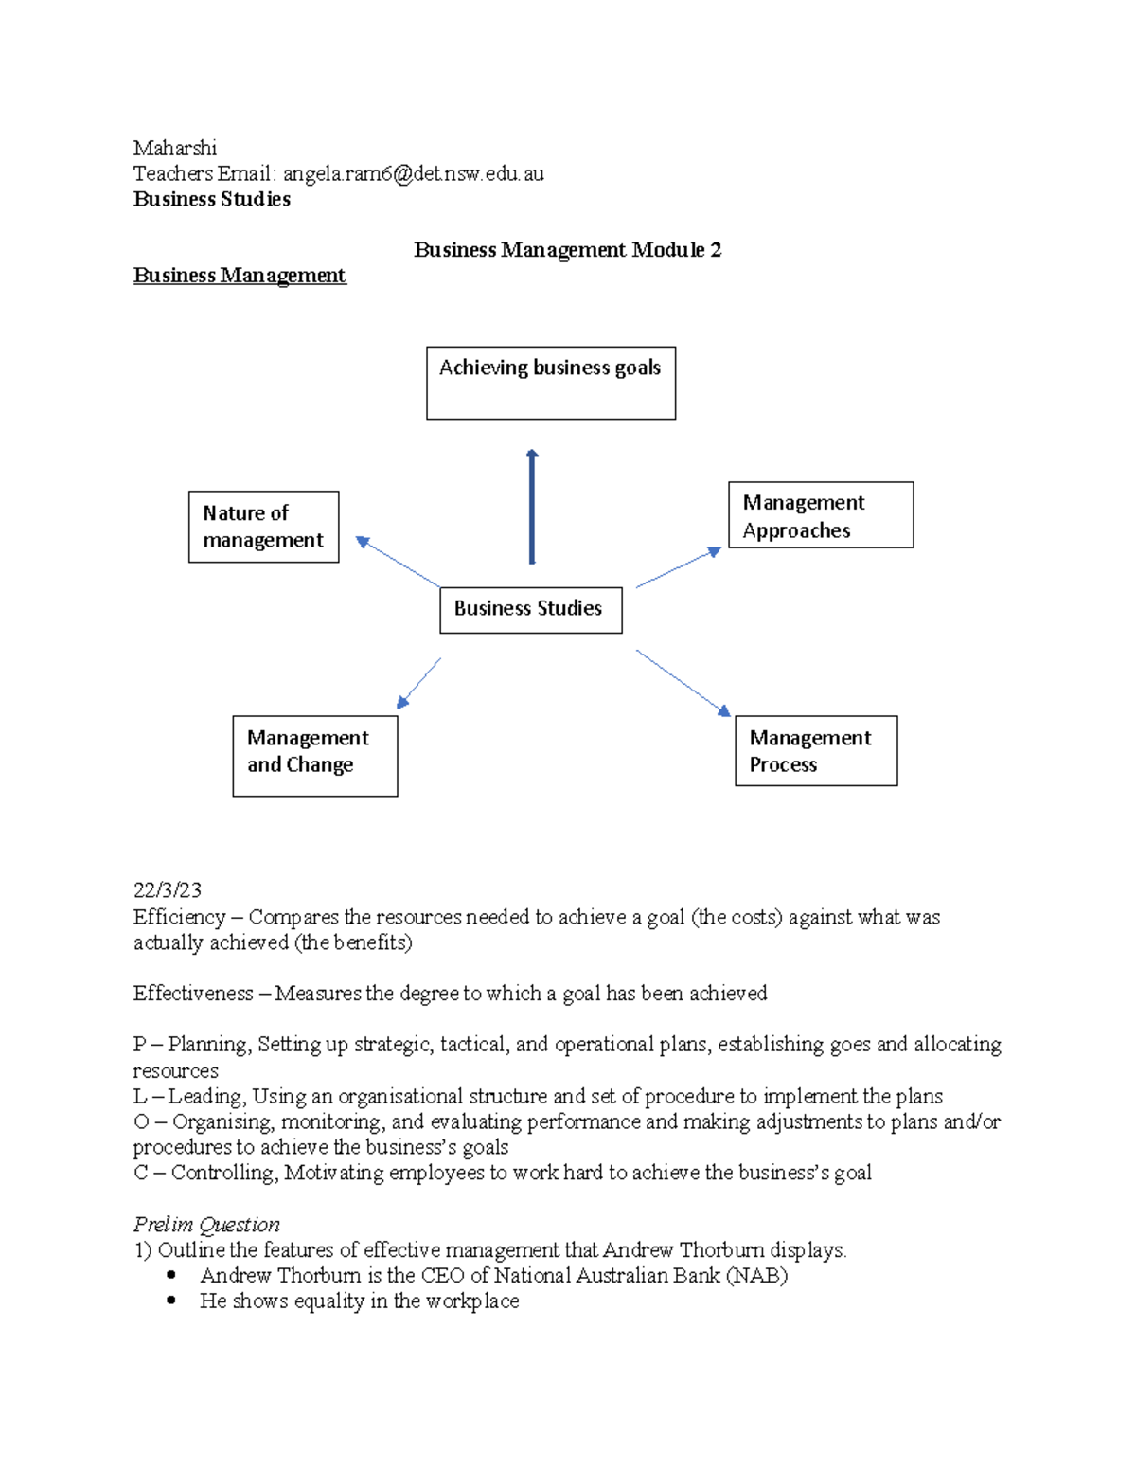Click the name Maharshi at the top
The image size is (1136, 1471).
click(x=175, y=148)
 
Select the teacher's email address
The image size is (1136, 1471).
click(x=413, y=173)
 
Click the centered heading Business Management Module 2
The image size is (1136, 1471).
click(x=567, y=250)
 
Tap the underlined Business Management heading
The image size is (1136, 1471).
click(x=240, y=276)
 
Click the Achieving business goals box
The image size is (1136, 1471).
click(x=551, y=383)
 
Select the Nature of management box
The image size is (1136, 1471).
click(x=263, y=527)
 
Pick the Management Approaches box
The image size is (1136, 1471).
click(x=820, y=515)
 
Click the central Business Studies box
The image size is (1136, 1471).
click(x=530, y=609)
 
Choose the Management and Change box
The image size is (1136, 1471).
click(x=314, y=755)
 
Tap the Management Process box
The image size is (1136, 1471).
click(x=815, y=750)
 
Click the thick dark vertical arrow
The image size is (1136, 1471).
click(x=532, y=507)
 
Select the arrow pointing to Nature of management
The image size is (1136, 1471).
click(x=398, y=562)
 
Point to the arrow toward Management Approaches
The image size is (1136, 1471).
click(x=678, y=568)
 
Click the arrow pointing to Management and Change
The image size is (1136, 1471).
click(x=419, y=683)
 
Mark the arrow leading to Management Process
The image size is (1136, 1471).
click(x=683, y=683)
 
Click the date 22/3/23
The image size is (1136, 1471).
click(x=168, y=890)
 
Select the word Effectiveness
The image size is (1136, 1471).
click(x=193, y=994)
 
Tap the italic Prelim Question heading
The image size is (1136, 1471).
click(x=206, y=1225)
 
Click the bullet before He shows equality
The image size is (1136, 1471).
click(x=171, y=1301)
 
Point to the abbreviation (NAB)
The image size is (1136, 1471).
click(x=756, y=1276)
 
